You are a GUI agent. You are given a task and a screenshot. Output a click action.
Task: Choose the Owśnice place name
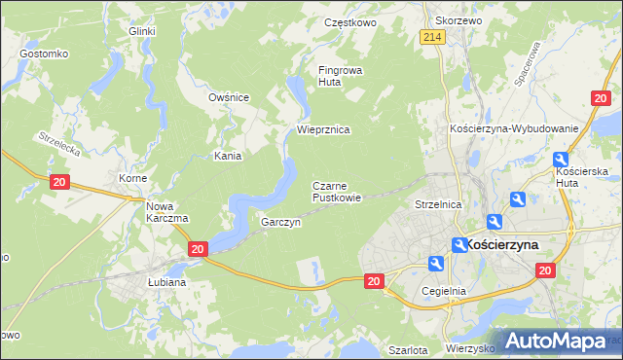230,97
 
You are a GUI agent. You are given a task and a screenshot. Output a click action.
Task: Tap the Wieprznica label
323,129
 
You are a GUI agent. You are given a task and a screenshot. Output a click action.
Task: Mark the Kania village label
229,155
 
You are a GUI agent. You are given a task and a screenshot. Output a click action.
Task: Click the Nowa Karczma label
166,212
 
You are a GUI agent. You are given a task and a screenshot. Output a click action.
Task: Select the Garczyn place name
280,222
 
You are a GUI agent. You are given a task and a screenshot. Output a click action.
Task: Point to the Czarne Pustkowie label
337,192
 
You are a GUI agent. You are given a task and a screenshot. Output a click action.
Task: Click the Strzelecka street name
58,146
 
